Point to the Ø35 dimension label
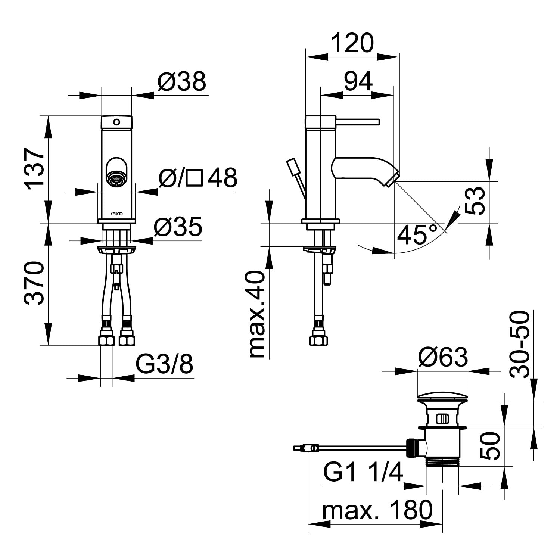[178, 226]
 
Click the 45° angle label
[417, 234]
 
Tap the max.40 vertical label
[256, 315]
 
